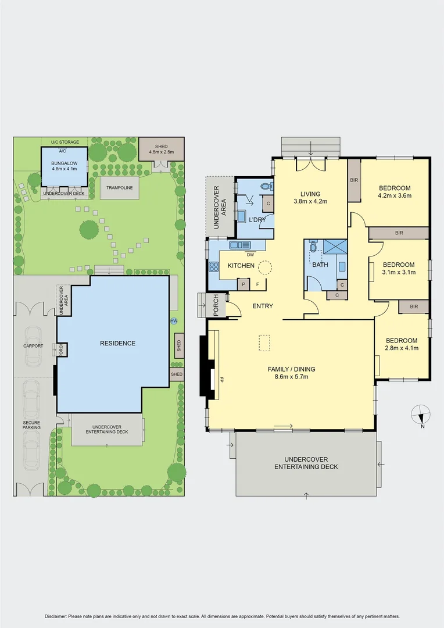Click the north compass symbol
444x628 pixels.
(421, 415)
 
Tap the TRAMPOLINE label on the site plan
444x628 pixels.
(119, 188)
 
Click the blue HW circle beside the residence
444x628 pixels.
(173, 321)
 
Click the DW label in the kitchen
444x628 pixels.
(250, 255)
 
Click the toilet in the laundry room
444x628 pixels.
(267, 187)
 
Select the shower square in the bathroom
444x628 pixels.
(335, 246)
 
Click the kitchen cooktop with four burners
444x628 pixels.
(213, 267)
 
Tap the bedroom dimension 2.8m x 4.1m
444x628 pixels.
(402, 348)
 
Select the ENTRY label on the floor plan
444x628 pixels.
(263, 306)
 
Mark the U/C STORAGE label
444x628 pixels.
(65, 142)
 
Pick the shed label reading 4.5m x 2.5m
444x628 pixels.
(162, 152)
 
